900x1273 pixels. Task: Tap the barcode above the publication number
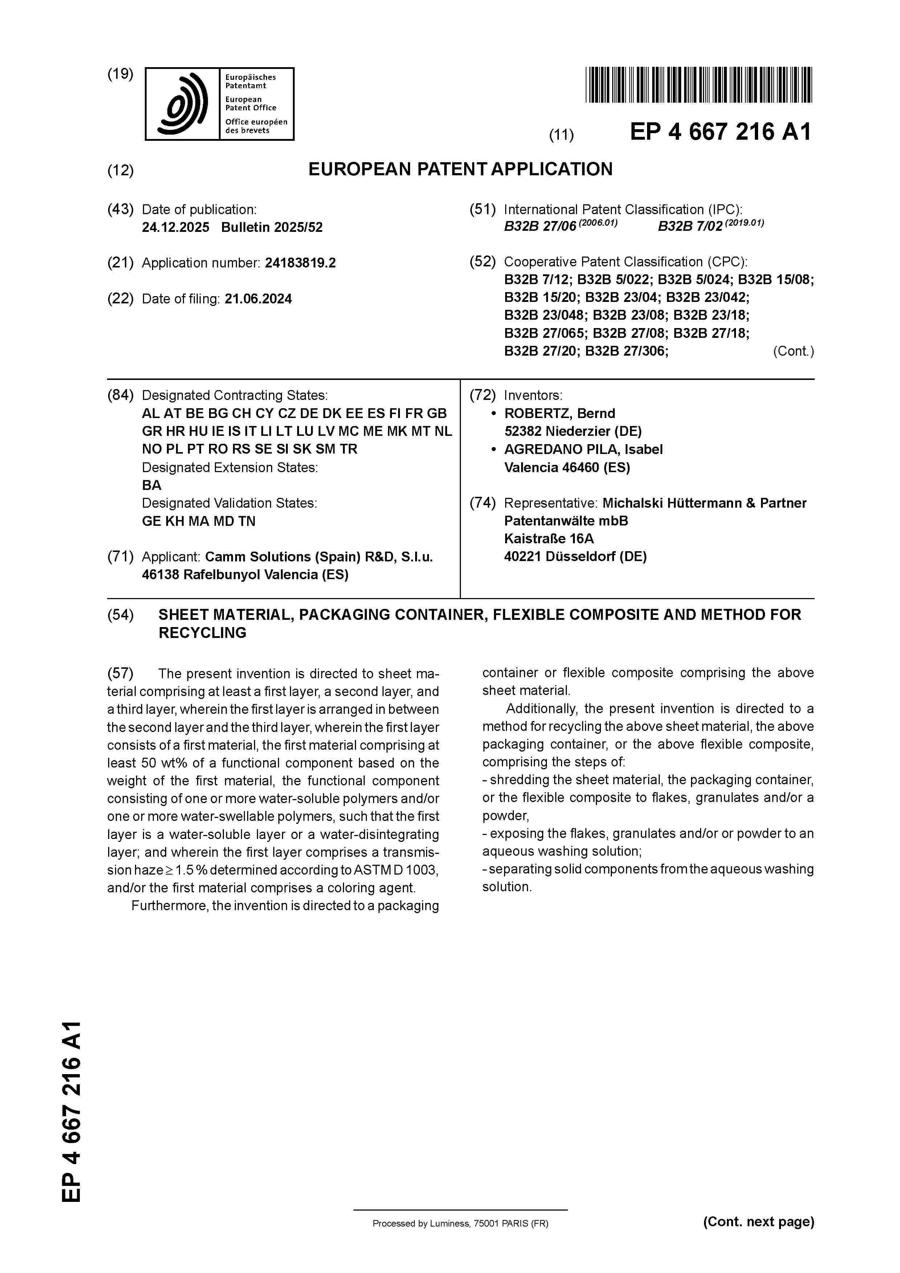pyautogui.click(x=698, y=85)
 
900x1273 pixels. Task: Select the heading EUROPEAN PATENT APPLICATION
pyautogui.click(x=460, y=169)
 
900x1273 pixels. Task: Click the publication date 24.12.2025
pyautogui.click(x=175, y=227)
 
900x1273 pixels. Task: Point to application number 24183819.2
pyautogui.click(x=300, y=263)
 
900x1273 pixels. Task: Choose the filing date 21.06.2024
pyautogui.click(x=258, y=299)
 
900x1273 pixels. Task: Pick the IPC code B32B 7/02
pyautogui.click(x=690, y=227)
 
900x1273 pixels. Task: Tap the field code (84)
pyautogui.click(x=120, y=395)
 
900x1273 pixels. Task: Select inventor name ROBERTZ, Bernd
pyautogui.click(x=560, y=414)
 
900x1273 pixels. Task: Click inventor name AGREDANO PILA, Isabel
pyautogui.click(x=583, y=450)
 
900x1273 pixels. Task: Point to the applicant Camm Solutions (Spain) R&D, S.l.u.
pyautogui.click(x=319, y=557)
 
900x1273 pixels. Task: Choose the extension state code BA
pyautogui.click(x=151, y=485)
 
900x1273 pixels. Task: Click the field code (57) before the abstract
pyautogui.click(x=120, y=674)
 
